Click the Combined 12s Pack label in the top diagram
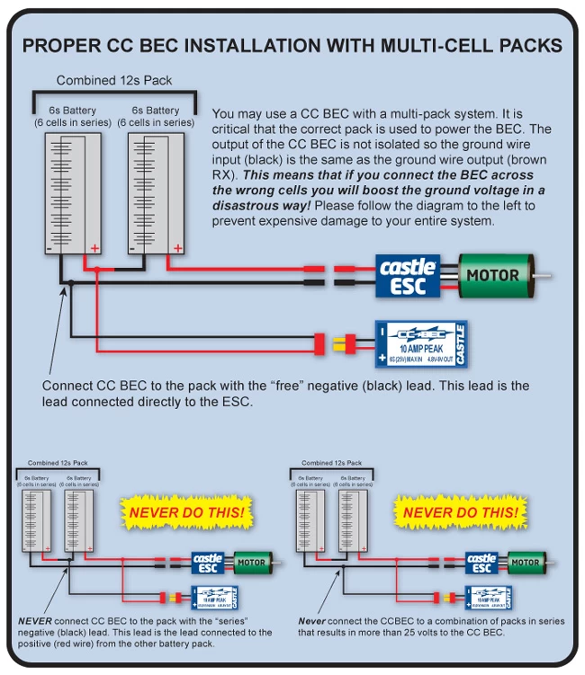point(115,81)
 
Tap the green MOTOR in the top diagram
point(494,275)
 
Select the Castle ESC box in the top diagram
point(408,275)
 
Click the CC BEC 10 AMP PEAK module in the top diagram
point(420,343)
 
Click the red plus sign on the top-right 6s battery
point(177,248)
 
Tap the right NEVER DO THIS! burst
point(460,513)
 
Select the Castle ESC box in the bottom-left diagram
point(208,564)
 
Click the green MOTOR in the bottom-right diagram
point(525,564)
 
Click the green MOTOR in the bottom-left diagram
point(251,564)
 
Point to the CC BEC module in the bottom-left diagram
point(215,597)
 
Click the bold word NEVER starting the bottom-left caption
point(34,621)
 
